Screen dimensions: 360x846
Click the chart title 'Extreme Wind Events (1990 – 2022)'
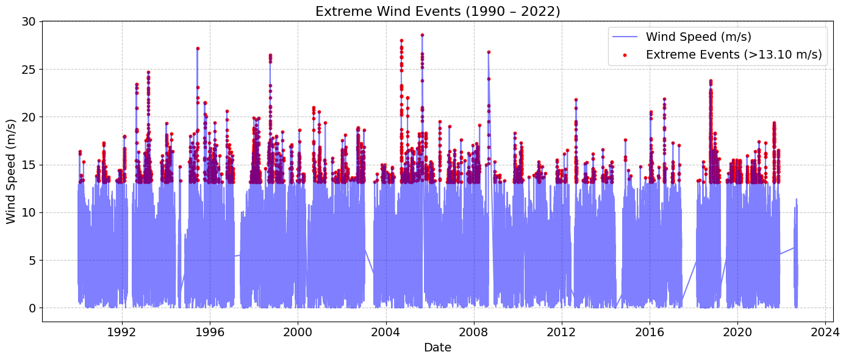coord(437,12)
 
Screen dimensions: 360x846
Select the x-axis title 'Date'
coord(437,348)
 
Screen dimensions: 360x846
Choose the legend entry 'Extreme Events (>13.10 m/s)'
coord(734,54)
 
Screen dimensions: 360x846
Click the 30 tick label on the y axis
coord(29,21)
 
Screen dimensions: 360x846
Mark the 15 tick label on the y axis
coord(29,165)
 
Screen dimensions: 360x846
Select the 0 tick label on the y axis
coord(32,308)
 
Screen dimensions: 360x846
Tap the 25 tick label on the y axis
coord(29,69)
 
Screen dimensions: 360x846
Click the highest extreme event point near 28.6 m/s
coord(422,35)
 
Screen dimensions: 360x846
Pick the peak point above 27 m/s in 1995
coord(198,48)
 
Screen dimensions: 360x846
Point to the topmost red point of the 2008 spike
coord(489,52)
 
